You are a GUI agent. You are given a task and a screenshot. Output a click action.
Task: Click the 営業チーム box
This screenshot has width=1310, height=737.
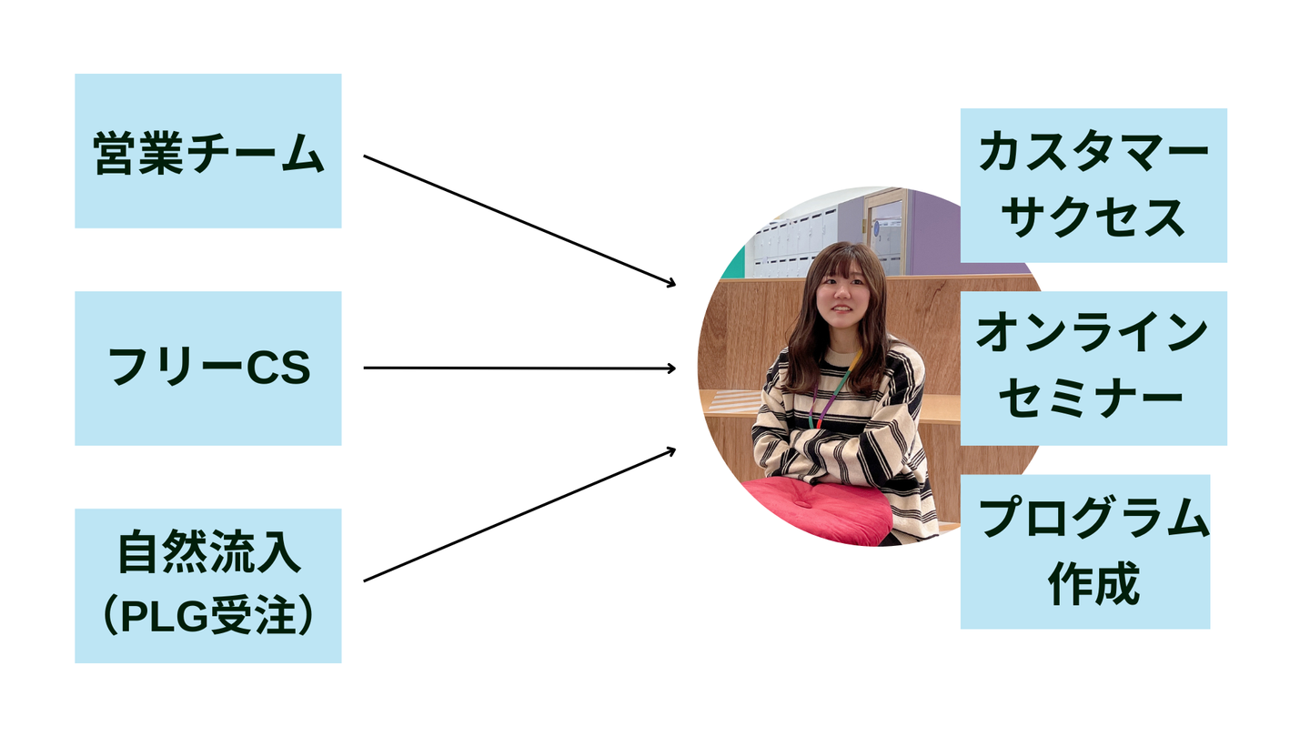pyautogui.click(x=207, y=151)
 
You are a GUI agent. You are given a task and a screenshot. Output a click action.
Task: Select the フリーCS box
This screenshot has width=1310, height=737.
pyautogui.click(x=207, y=368)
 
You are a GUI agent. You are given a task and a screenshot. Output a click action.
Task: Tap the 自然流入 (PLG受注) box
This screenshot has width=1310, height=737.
pyautogui.click(x=207, y=586)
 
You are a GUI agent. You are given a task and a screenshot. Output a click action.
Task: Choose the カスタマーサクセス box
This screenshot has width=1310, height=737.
pyautogui.click(x=1093, y=186)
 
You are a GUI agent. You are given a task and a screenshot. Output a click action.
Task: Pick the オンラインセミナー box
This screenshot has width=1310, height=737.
pyautogui.click(x=1093, y=368)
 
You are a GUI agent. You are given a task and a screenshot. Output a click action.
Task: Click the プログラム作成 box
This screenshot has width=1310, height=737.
pyautogui.click(x=1084, y=551)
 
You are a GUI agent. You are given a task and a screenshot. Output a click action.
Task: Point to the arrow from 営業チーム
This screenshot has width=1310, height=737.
pyautogui.click(x=519, y=220)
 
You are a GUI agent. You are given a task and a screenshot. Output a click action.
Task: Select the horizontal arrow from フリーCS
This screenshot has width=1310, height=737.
pyautogui.click(x=519, y=368)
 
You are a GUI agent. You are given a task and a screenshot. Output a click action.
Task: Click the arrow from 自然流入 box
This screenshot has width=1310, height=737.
pyautogui.click(x=519, y=514)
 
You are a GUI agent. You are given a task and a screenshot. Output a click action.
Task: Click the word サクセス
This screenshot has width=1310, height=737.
pyautogui.click(x=1093, y=219)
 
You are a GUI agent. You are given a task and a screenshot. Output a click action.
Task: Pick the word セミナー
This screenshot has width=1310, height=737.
pyautogui.click(x=1093, y=400)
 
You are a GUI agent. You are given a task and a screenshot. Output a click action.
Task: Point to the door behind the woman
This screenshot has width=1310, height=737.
pyautogui.click(x=885, y=232)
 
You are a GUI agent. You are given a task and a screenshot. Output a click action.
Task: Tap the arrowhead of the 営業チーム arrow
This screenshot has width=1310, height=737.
pyautogui.click(x=671, y=284)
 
